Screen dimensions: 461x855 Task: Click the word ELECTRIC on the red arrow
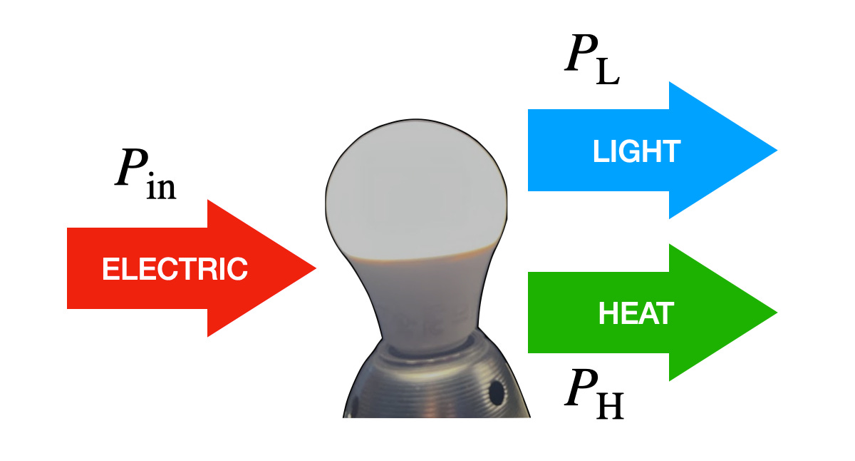tap(175, 269)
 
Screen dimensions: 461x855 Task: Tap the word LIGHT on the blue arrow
tap(637, 151)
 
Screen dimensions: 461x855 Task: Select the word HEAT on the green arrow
tap(636, 314)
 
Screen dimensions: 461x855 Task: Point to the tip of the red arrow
tap(314, 268)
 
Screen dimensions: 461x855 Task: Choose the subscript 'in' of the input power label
tap(162, 188)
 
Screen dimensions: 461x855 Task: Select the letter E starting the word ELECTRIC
tap(109, 269)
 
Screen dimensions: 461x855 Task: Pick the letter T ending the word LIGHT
tap(673, 151)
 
